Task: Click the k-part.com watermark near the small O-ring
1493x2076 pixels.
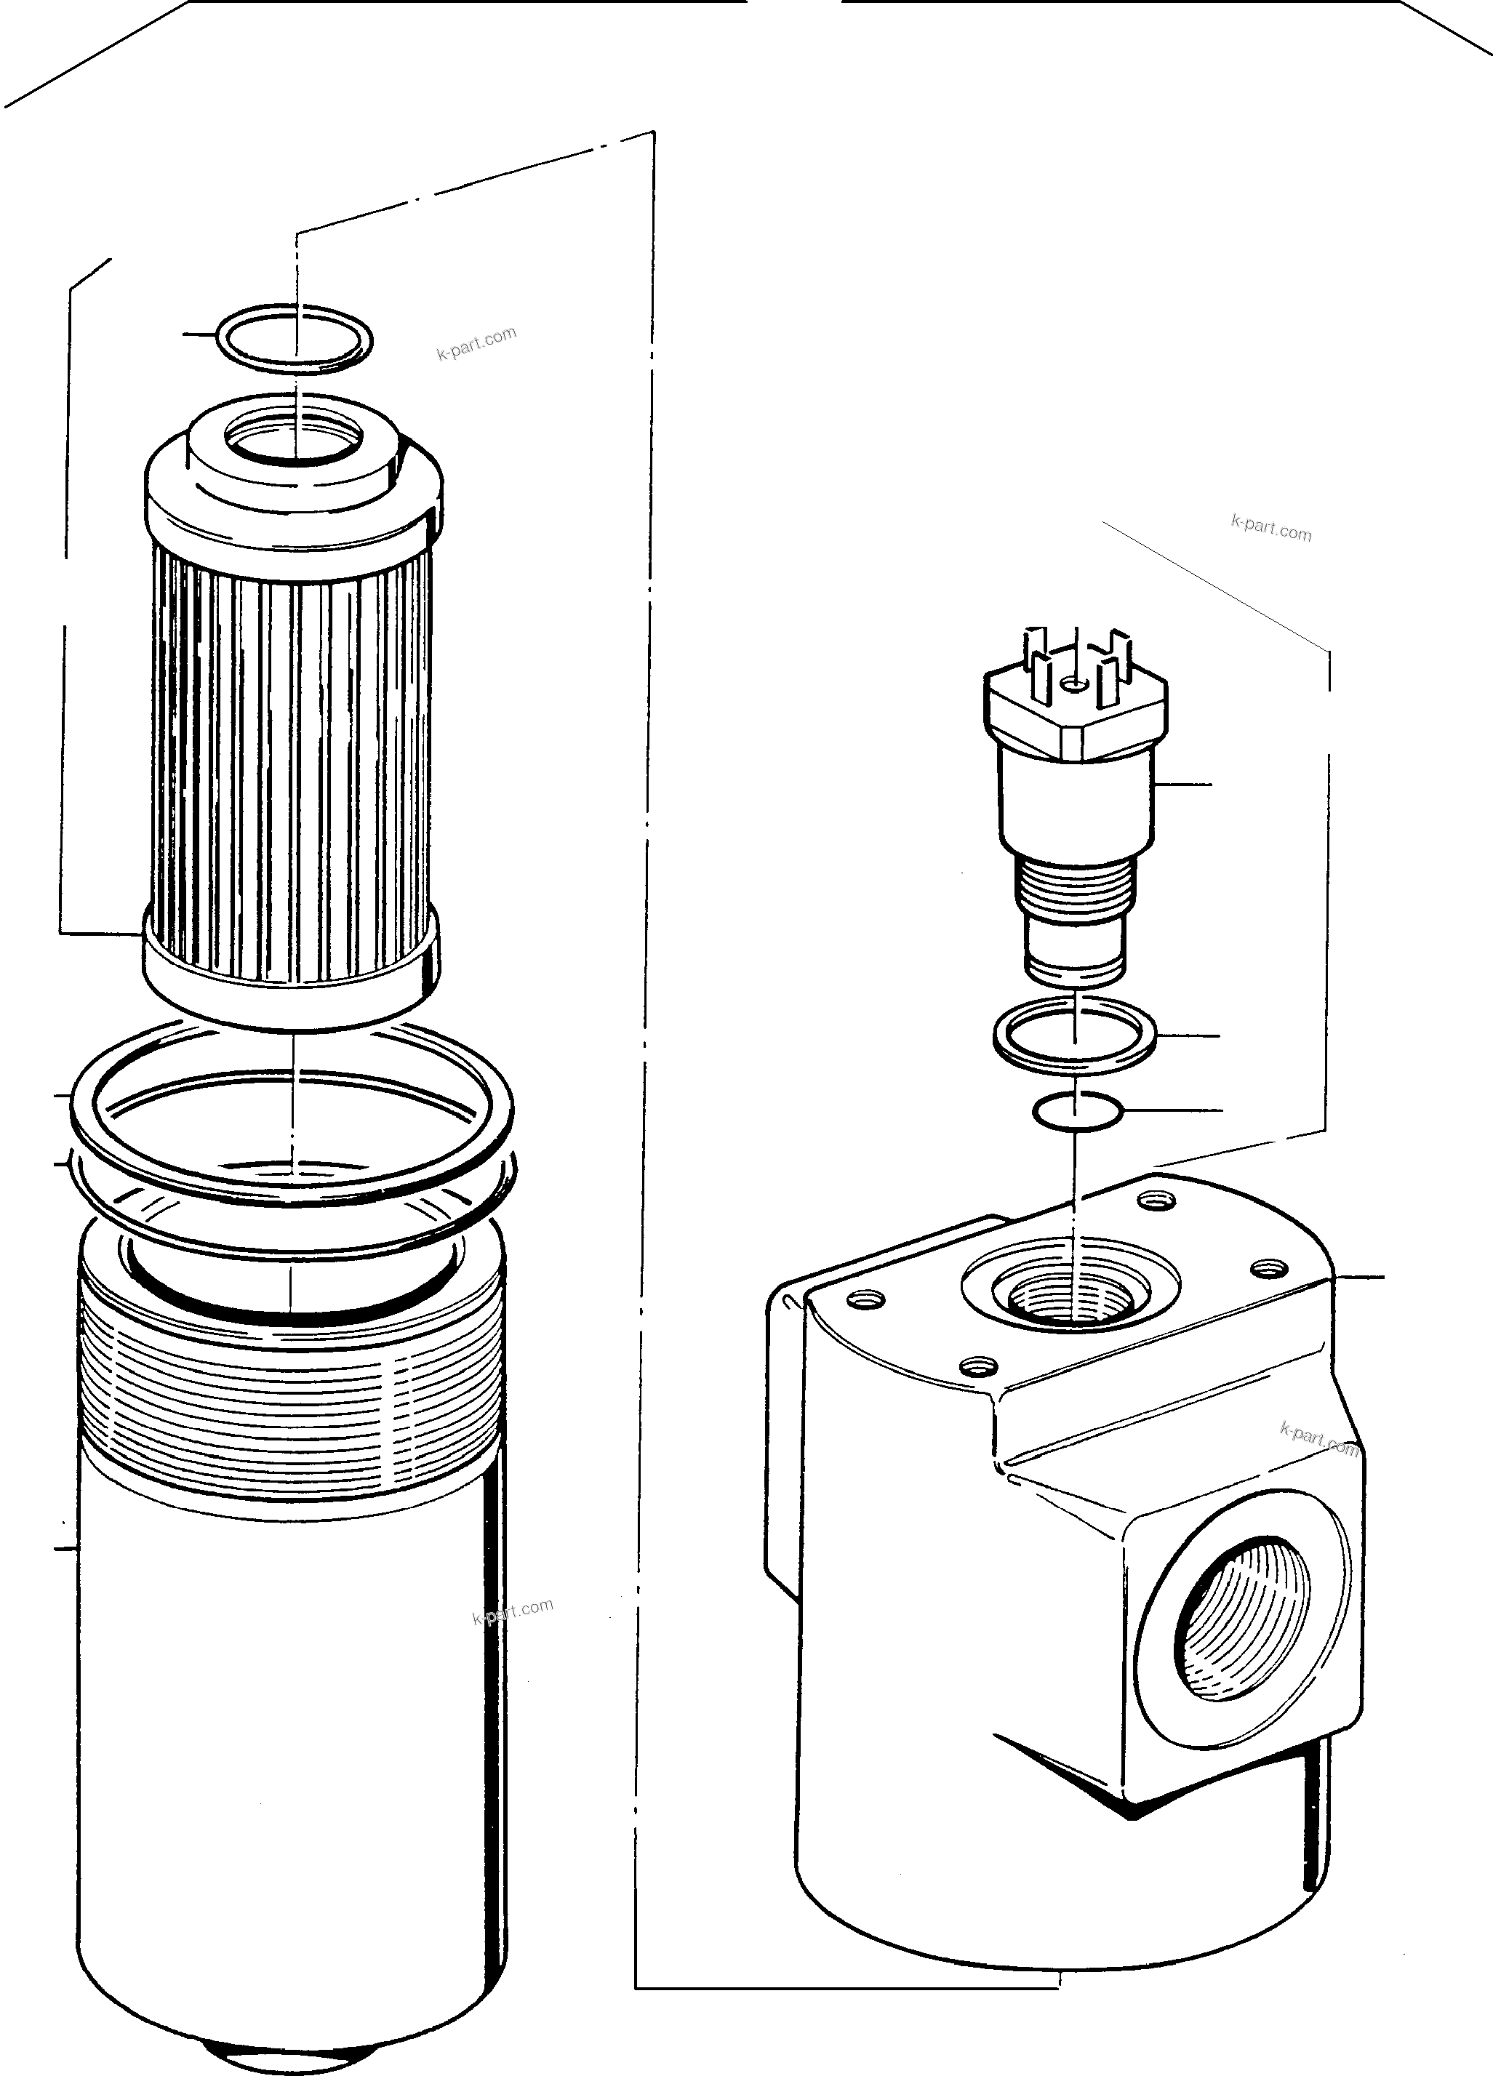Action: pos(477,344)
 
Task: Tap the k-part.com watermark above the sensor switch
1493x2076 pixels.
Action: pos(1270,528)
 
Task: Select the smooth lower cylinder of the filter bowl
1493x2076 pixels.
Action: pos(291,1739)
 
